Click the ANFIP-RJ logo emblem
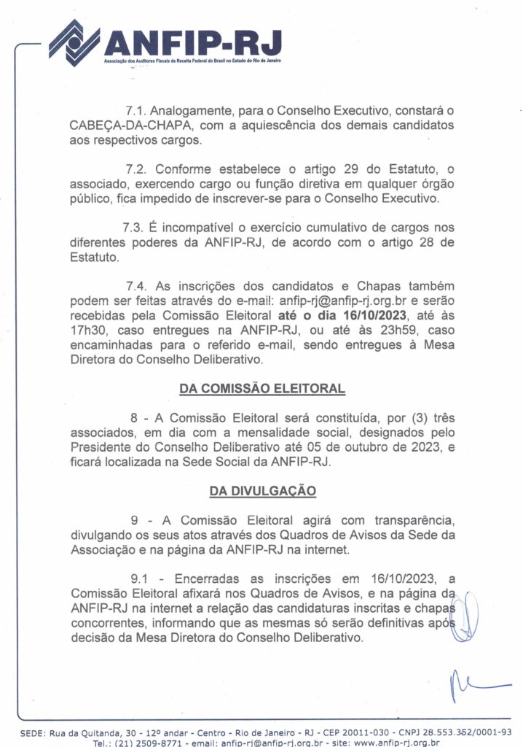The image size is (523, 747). [74, 42]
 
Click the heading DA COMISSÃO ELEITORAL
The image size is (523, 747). [262, 389]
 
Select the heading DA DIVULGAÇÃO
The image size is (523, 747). [262, 491]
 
